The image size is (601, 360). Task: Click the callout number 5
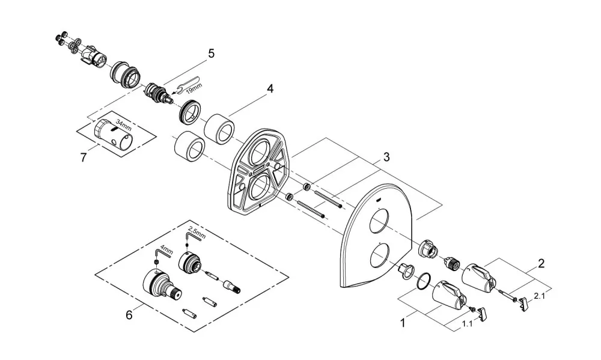211,53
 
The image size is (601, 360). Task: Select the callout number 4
270,89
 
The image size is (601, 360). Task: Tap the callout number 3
386,157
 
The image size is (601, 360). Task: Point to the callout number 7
84,157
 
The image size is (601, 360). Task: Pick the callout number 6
129,315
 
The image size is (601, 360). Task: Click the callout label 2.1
538,296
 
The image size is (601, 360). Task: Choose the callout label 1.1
467,324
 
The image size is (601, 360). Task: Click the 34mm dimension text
123,126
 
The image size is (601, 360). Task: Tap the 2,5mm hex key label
197,233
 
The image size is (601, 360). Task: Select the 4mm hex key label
166,252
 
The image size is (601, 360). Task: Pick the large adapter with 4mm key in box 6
162,285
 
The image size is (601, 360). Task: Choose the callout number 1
403,323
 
